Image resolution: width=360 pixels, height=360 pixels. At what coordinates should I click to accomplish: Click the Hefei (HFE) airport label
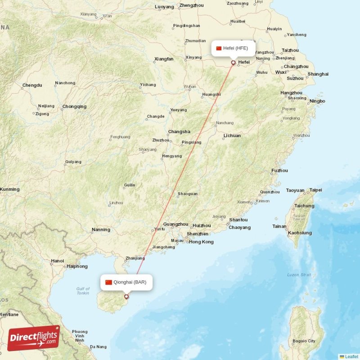click(234, 48)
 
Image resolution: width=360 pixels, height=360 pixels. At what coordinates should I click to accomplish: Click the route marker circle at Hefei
click(233, 63)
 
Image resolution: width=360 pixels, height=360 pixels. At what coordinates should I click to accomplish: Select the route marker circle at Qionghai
click(126, 296)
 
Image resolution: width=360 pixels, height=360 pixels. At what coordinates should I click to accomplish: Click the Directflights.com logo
click(34, 338)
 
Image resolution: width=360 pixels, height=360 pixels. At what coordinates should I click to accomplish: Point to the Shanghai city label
click(318, 74)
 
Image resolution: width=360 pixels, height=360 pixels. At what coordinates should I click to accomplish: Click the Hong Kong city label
click(201, 242)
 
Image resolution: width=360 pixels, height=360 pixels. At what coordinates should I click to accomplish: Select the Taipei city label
click(315, 190)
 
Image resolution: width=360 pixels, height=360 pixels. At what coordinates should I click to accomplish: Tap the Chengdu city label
click(32, 85)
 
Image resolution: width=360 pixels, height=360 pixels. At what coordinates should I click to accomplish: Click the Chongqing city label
click(74, 107)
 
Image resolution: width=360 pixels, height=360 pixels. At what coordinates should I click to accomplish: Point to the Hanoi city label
click(57, 261)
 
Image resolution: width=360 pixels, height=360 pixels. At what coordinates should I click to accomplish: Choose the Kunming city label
click(9, 189)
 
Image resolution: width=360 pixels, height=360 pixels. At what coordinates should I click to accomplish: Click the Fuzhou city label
click(279, 171)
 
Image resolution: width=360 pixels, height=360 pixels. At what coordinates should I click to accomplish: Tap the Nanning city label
click(101, 229)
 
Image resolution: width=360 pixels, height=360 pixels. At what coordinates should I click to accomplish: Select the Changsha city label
click(179, 132)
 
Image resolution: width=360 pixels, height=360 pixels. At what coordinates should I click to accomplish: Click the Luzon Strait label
click(299, 274)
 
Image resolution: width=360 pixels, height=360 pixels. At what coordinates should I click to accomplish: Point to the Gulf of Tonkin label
click(83, 291)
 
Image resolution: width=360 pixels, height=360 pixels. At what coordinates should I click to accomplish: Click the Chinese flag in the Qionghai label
click(108, 283)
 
